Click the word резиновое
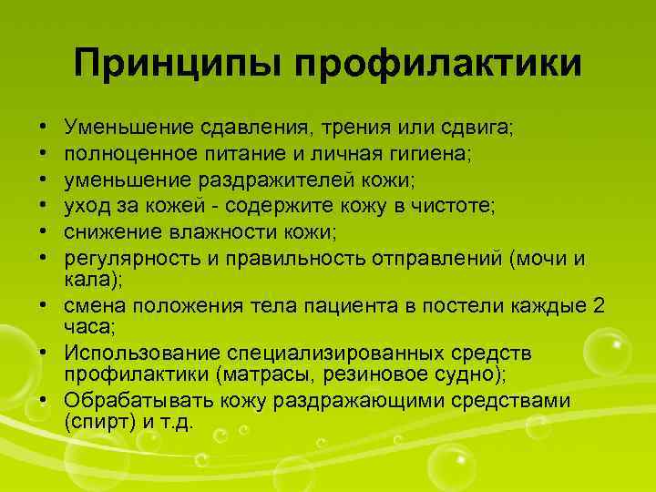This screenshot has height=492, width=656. coord(368,374)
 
